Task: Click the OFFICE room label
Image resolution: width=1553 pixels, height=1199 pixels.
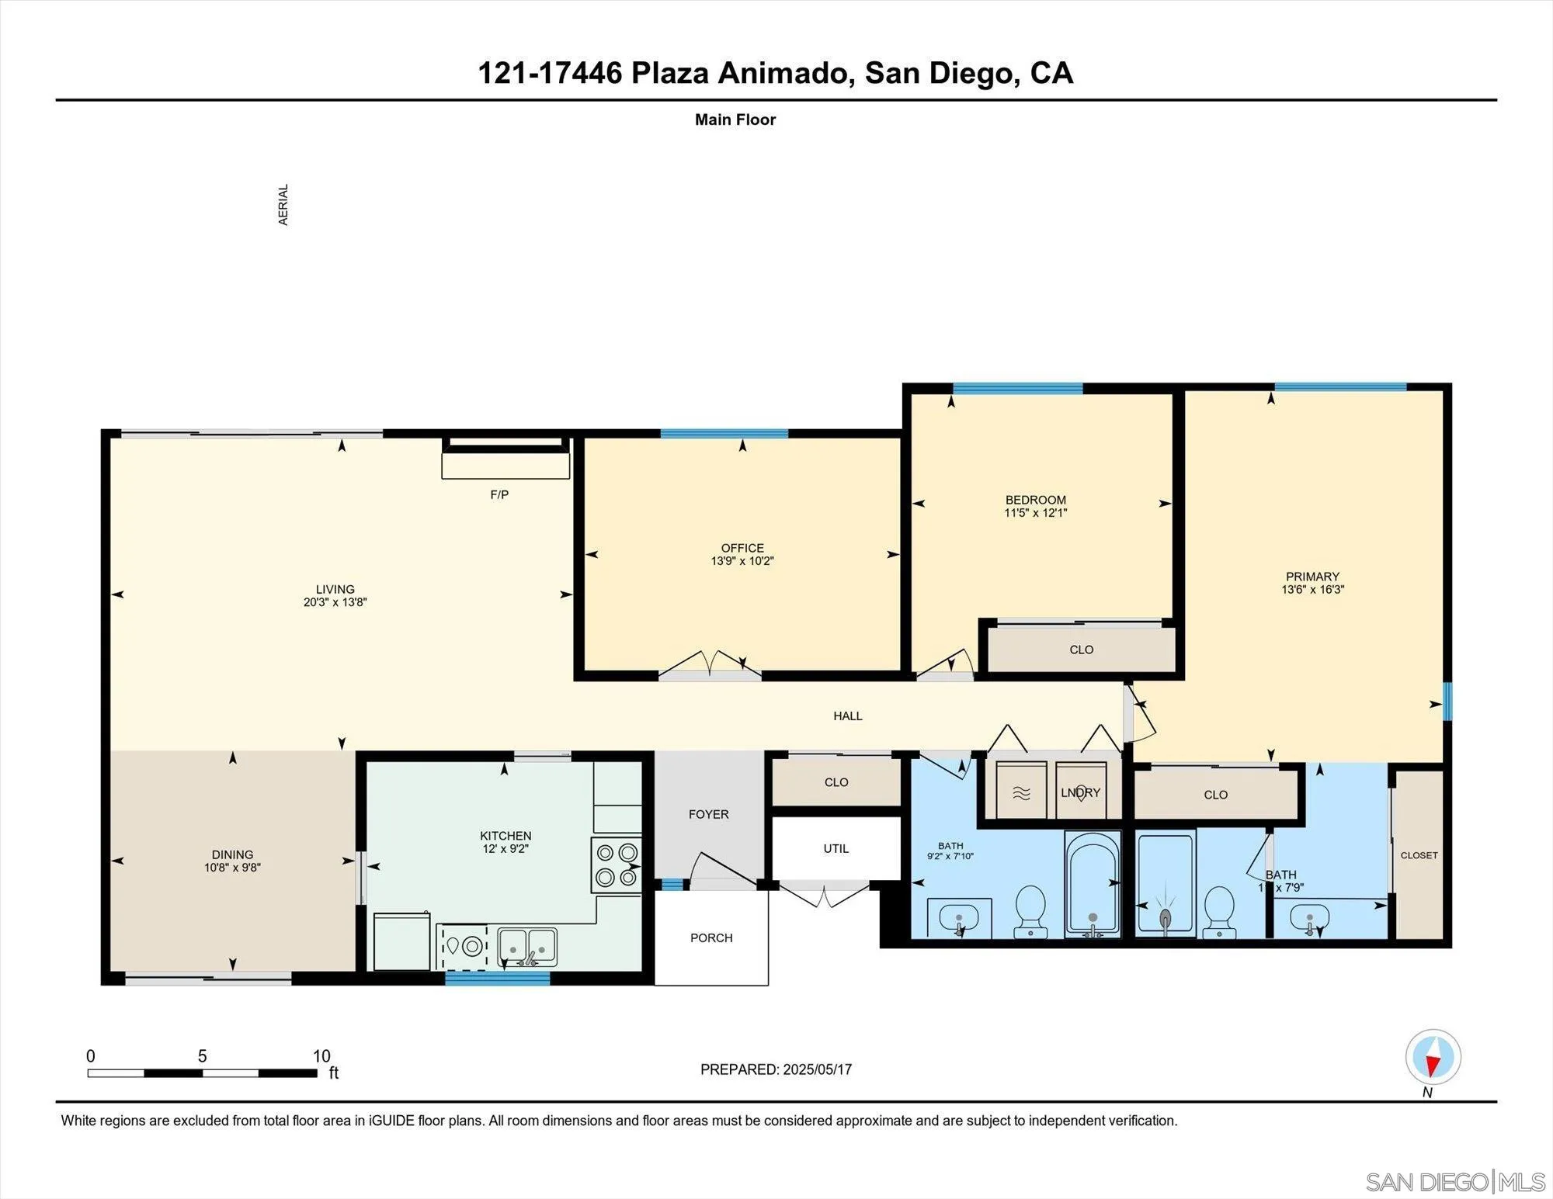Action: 742,548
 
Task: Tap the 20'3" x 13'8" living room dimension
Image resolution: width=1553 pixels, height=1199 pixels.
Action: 335,602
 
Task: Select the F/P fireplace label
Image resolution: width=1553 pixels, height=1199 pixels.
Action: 499,494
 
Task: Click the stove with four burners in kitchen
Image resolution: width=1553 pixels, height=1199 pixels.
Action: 617,865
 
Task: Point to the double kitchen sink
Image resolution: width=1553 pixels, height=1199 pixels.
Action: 527,947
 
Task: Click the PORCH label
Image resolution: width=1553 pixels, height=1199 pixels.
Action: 711,937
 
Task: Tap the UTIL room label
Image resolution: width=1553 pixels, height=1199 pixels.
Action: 836,848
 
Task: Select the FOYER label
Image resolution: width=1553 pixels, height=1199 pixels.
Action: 708,814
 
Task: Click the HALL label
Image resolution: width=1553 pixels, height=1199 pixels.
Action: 848,716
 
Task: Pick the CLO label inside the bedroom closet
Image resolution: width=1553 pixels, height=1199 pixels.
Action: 1081,650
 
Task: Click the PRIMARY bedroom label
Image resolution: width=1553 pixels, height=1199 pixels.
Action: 1312,577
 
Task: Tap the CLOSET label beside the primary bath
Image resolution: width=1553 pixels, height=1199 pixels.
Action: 1419,855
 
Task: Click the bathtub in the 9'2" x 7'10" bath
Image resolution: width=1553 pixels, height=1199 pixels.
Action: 1093,885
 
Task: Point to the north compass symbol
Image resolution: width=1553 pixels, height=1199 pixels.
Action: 1433,1057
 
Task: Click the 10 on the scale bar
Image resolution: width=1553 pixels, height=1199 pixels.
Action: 321,1056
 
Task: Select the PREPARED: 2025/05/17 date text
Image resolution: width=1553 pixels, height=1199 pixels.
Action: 776,1069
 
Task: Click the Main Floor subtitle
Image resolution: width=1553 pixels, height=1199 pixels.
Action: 735,120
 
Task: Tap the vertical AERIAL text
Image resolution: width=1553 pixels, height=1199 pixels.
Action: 283,205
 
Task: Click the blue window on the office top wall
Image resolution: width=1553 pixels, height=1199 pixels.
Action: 724,434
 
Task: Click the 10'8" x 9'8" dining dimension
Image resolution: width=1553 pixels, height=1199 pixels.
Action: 232,868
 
